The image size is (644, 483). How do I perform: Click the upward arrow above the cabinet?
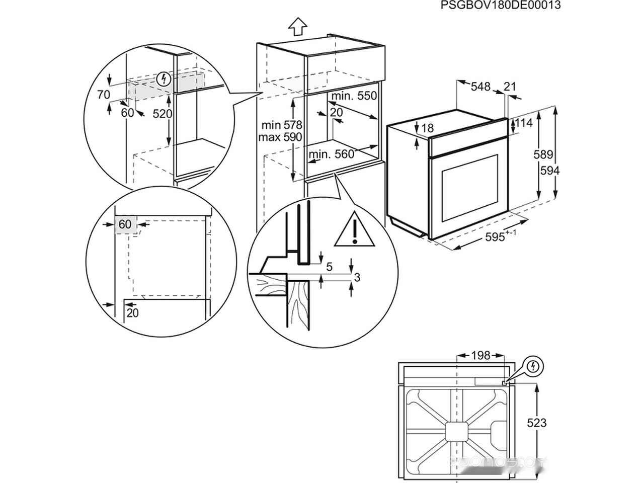298,26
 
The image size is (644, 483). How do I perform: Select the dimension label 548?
480,87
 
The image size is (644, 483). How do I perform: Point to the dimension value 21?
510,87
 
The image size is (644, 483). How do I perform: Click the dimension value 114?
524,123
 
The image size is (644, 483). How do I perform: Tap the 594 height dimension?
550,171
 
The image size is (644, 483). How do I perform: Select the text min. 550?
354,96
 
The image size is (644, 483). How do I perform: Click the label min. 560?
332,154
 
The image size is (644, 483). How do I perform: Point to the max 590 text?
280,137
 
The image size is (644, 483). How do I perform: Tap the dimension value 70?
103,94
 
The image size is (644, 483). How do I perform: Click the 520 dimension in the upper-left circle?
162,114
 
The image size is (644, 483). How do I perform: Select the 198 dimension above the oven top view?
480,356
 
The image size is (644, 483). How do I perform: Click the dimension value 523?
537,423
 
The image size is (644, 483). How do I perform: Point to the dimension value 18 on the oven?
427,128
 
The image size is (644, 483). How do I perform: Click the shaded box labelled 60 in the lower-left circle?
125,224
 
